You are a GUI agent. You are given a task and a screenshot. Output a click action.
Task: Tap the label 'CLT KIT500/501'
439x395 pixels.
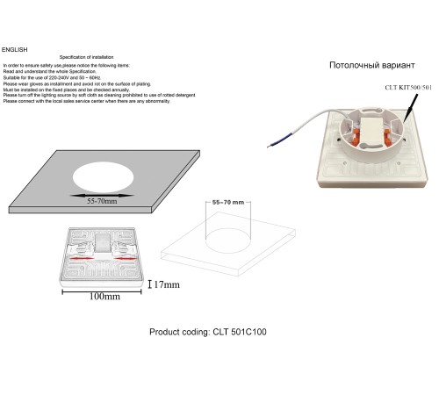coord(408,88)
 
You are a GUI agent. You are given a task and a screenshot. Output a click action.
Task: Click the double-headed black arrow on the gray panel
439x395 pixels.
coord(102,194)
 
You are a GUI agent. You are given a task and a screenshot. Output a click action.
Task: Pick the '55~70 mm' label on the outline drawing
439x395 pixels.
coord(228,203)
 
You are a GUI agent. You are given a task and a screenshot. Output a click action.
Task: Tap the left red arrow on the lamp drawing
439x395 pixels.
coord(79,259)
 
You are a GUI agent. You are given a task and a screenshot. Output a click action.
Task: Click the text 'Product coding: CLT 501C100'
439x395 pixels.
coord(209,333)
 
